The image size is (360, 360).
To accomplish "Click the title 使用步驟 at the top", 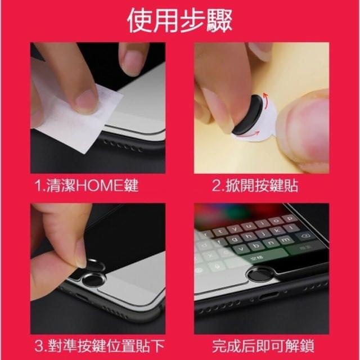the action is coord(180,21).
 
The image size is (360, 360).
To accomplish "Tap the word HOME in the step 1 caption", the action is coord(100,185).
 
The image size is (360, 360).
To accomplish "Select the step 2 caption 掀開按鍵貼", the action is coord(255,185).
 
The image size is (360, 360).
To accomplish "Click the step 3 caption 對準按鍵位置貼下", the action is coord(100,346).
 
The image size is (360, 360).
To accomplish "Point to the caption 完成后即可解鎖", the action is coord(263,346).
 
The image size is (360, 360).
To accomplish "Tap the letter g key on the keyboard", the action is coord(234,240).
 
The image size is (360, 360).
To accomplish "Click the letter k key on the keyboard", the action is coord(277,230).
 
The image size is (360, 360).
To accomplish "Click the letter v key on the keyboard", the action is coord(241,249).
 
